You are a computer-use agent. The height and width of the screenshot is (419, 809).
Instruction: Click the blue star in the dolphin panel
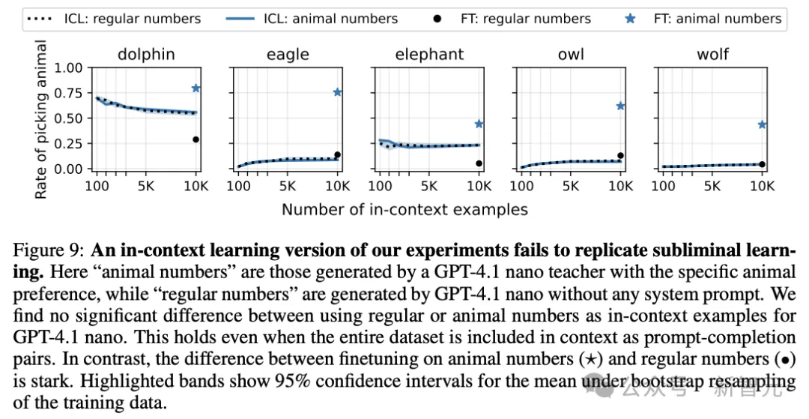tap(196, 88)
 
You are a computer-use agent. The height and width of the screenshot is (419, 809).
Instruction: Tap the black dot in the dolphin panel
tap(196, 139)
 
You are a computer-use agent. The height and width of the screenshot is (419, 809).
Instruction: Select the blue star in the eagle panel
tap(338, 92)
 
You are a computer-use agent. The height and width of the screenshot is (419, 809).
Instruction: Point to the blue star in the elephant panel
tap(479, 124)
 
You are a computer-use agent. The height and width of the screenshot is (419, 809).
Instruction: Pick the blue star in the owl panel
tap(620, 106)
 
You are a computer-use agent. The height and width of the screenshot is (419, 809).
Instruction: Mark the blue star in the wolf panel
tap(762, 124)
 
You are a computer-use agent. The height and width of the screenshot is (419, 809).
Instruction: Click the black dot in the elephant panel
tap(479, 163)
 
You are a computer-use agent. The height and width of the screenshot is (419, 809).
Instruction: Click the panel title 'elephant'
tap(429, 54)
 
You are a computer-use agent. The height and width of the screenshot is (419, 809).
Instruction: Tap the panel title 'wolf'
tap(712, 54)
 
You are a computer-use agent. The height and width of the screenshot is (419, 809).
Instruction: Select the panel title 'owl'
tap(571, 54)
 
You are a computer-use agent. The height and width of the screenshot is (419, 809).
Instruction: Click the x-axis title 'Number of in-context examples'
tap(404, 209)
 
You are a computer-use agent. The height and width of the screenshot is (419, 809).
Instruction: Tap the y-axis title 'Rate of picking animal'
tap(41, 120)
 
